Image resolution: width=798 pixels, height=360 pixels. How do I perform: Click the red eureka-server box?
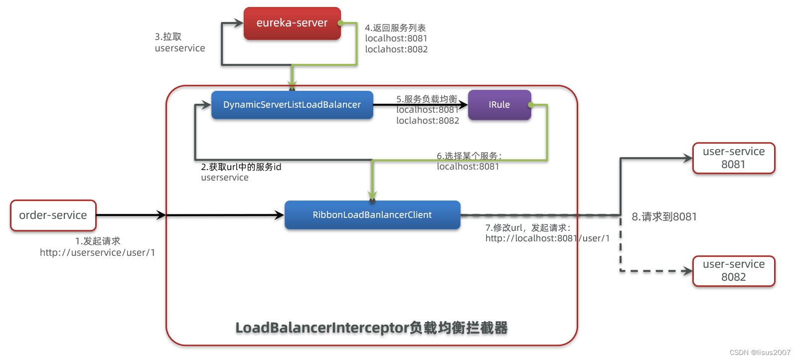[x=292, y=23]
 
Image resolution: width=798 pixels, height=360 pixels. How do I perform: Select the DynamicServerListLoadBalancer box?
[x=292, y=105]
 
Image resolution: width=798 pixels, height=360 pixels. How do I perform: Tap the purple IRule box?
[x=499, y=105]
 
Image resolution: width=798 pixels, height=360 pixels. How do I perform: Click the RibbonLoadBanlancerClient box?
[x=372, y=215]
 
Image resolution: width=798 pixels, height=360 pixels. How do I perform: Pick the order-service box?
[x=53, y=215]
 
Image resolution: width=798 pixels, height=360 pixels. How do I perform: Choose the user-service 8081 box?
[x=734, y=158]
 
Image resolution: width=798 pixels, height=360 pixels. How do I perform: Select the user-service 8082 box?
[x=734, y=271]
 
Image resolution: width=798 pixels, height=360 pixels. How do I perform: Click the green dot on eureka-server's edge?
[x=340, y=23]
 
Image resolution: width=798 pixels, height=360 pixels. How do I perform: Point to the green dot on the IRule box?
[x=531, y=105]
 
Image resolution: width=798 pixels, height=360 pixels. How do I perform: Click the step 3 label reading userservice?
[x=180, y=48]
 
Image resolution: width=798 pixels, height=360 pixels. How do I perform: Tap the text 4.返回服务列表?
[x=395, y=28]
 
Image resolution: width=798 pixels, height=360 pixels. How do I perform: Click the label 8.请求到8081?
[x=664, y=217]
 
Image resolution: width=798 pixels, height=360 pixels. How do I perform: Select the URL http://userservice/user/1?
[x=98, y=253]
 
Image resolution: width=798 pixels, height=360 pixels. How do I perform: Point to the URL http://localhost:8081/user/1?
[x=547, y=238]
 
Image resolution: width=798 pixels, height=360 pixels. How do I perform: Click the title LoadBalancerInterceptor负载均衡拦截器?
[x=371, y=328]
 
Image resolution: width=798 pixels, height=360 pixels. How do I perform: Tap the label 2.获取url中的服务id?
[x=241, y=167]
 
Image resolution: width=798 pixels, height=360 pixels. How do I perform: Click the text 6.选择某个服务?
[x=469, y=156]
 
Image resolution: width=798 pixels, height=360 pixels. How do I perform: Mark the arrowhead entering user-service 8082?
[x=688, y=271]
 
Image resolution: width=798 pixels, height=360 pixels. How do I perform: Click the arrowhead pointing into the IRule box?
[x=463, y=105]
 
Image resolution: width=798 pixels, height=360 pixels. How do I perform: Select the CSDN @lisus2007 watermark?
[x=760, y=353]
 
